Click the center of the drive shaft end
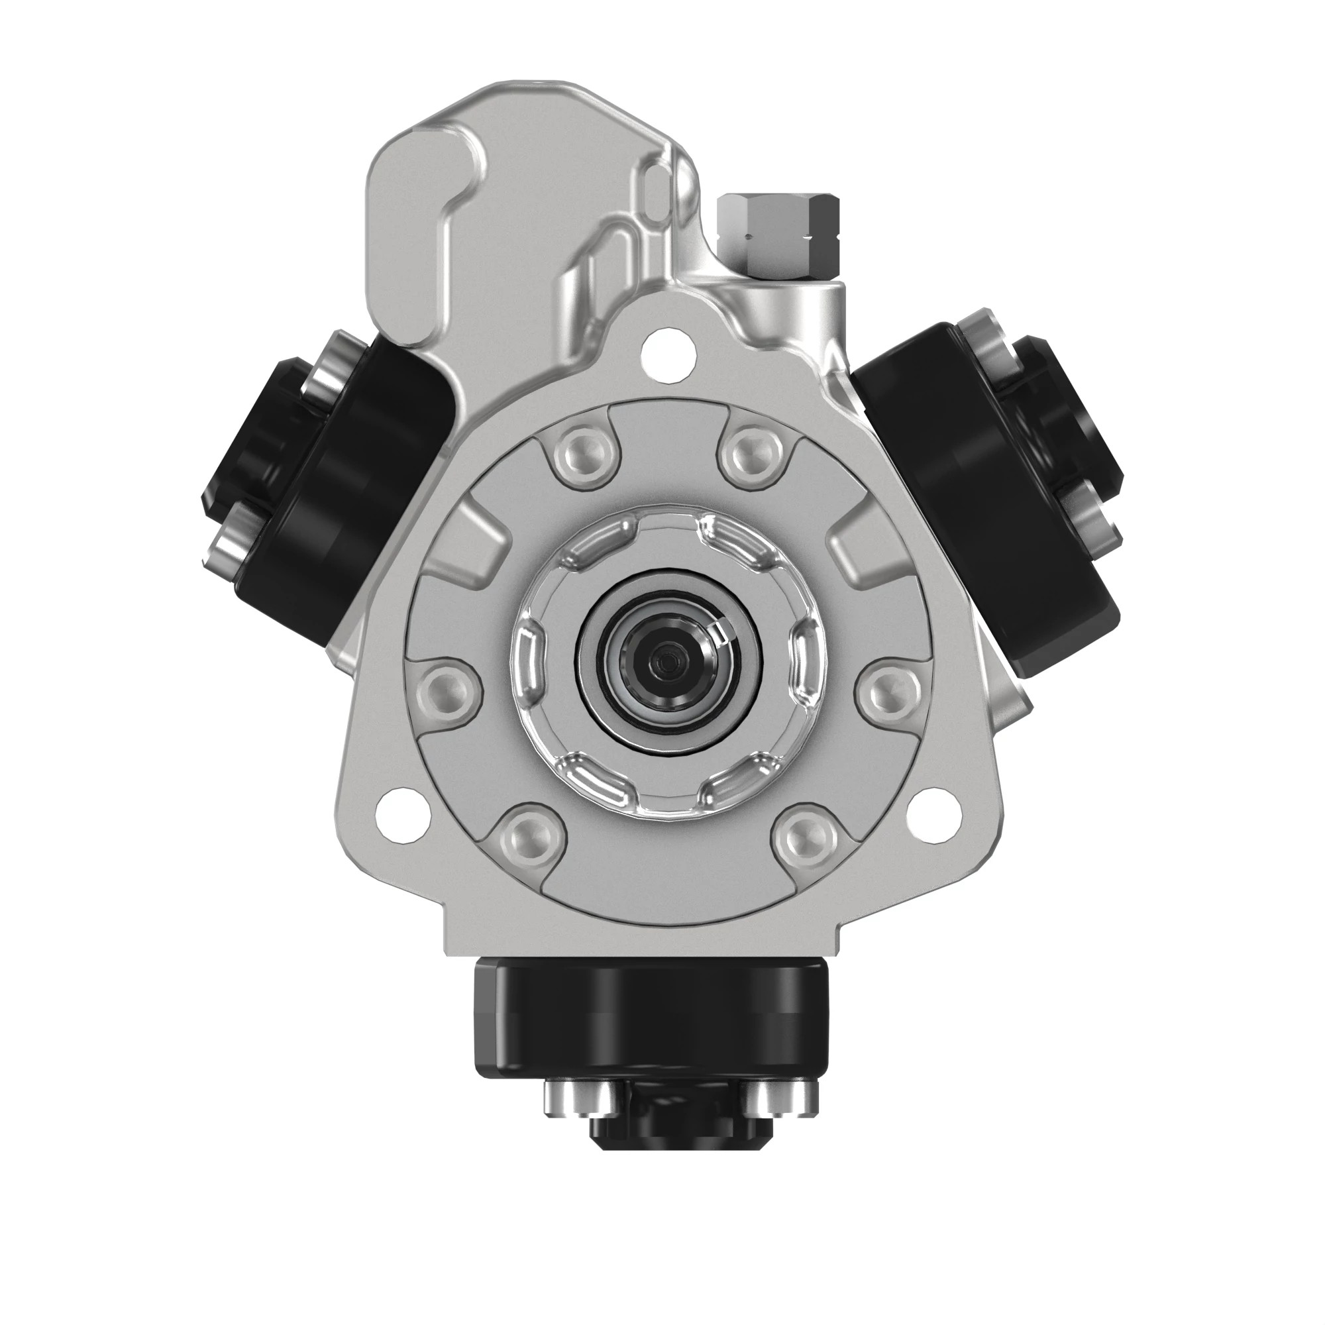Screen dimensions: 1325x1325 pyautogui.click(x=662, y=661)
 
